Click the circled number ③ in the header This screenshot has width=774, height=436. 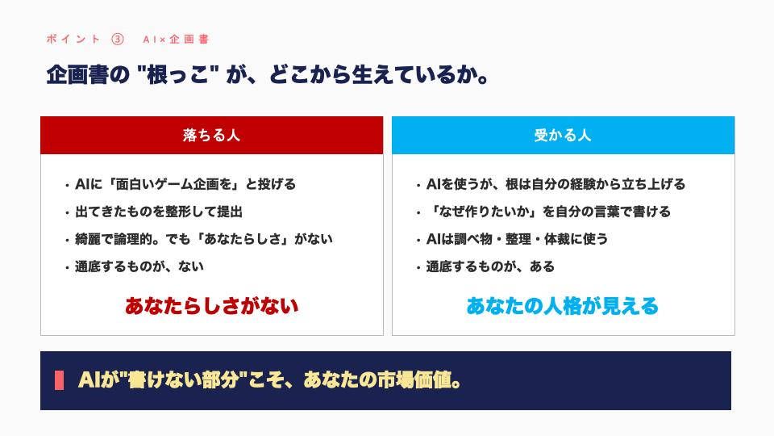118,39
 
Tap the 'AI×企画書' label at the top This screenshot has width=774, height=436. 176,40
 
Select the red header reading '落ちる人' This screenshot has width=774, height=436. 212,136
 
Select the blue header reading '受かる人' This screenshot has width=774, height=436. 564,136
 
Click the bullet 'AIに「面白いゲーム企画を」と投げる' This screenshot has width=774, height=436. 185,184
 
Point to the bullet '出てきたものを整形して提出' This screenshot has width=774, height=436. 159,212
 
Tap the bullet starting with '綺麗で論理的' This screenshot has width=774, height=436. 203,239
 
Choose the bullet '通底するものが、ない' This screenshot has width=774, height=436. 139,267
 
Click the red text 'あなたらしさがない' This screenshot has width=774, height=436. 212,306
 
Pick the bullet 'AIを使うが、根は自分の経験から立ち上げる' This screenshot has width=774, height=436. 556,184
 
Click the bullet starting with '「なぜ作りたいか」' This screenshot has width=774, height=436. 548,212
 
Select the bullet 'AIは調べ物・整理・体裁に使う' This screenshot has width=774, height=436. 517,239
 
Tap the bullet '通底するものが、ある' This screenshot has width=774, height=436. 490,267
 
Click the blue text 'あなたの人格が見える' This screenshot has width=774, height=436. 563,306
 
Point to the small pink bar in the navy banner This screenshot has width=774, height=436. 59,380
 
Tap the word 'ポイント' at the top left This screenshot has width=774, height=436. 73,40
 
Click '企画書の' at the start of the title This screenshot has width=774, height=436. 88,75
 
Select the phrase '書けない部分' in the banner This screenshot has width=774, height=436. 183,380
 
